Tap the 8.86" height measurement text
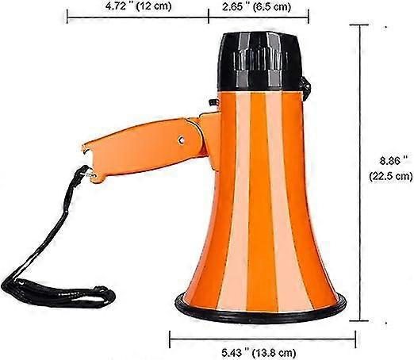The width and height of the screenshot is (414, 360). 386,159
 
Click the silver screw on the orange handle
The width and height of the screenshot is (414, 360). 181,140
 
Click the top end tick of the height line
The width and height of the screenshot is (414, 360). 364,25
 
